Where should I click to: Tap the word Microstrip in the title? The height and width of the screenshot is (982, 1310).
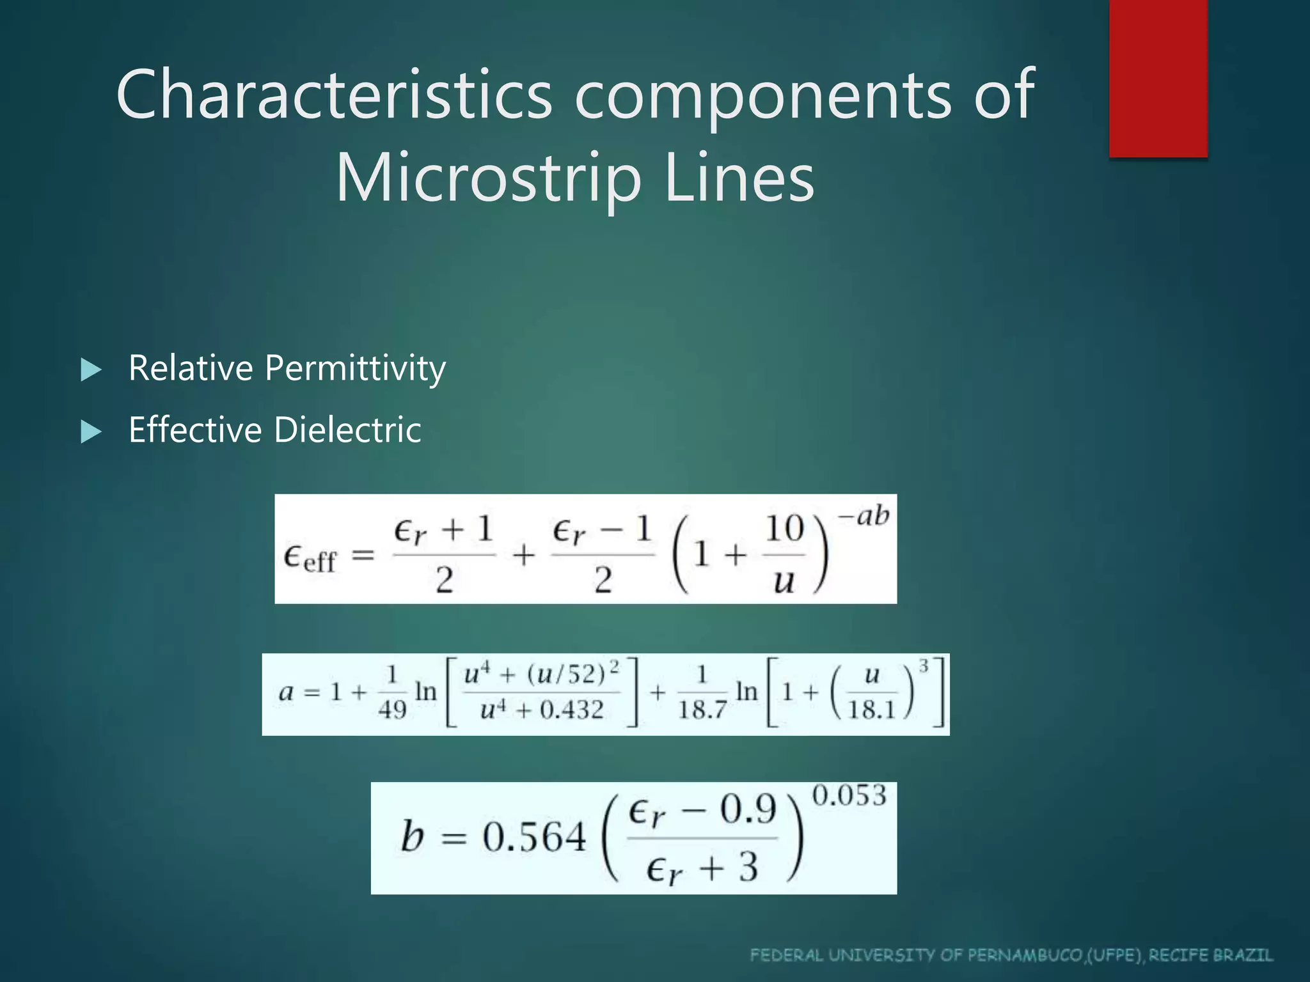point(488,178)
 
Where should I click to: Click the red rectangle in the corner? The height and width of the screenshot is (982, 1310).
point(1158,78)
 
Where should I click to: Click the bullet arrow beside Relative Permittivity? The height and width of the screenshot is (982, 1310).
point(91,370)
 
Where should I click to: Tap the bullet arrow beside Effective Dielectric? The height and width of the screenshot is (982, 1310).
point(91,432)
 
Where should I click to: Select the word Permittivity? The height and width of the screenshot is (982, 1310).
point(355,369)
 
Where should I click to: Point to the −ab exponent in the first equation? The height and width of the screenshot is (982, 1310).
point(864,515)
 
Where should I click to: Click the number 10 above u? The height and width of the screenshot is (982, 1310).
point(784,529)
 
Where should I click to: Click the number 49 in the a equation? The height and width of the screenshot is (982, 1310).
point(392,709)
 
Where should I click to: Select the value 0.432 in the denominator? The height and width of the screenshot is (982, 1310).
point(571,710)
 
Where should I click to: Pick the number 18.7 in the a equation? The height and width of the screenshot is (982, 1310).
point(702,710)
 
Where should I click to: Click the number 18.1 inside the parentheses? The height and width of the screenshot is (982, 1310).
point(871,710)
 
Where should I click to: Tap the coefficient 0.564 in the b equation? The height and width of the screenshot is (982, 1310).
point(533,837)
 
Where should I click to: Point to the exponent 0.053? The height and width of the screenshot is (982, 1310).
point(849,796)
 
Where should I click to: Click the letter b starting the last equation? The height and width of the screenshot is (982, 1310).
point(412,836)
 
